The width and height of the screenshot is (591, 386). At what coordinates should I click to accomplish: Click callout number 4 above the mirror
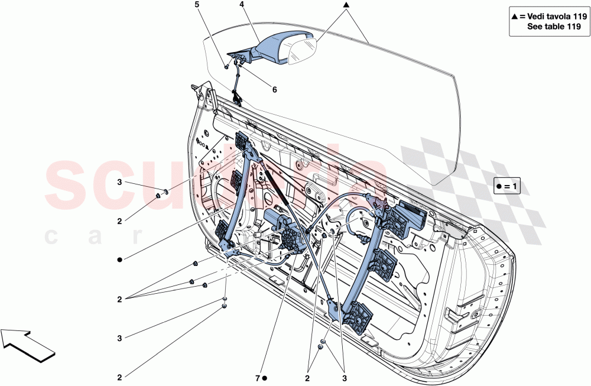[242, 4]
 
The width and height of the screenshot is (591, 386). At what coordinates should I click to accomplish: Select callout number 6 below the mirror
[274, 90]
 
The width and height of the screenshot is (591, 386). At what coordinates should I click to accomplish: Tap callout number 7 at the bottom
[258, 377]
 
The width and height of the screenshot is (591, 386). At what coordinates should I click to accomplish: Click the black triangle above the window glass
[346, 5]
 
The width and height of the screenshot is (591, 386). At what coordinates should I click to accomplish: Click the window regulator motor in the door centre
[278, 223]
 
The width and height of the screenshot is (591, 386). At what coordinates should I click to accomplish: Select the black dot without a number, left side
[119, 259]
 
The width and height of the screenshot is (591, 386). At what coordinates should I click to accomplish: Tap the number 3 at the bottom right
[343, 377]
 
